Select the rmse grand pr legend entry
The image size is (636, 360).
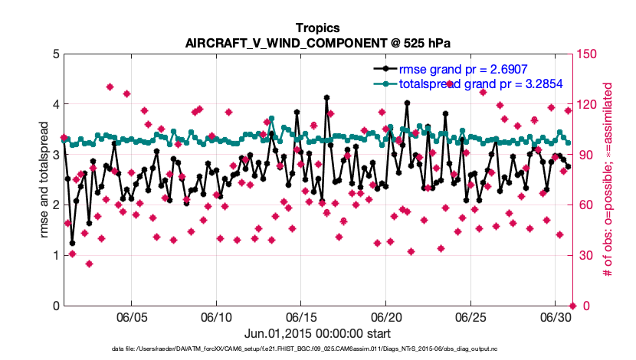(458, 68)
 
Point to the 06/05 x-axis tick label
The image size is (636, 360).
(131, 317)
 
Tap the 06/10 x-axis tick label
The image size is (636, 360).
(216, 317)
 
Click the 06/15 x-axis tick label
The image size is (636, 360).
(301, 317)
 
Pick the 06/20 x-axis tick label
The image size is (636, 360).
(386, 317)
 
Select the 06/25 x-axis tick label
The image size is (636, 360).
(471, 317)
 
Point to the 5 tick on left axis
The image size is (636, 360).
(53, 54)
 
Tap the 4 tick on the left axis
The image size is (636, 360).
(53, 104)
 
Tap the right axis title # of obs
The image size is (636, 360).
(608, 179)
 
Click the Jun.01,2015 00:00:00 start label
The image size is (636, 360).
(318, 333)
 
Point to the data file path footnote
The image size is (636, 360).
(318, 349)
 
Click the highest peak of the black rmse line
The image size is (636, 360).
(327, 97)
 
